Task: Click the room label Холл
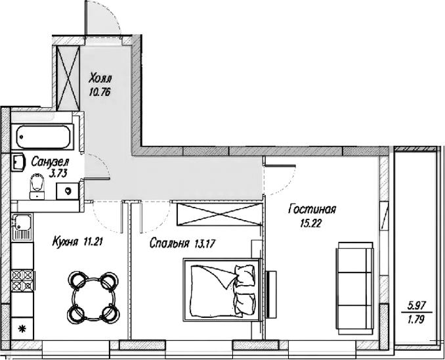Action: (100, 78)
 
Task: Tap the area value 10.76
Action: (99, 93)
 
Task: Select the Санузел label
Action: (50, 162)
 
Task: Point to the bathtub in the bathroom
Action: (43, 137)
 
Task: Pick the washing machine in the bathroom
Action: (68, 191)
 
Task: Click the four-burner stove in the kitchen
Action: (22, 280)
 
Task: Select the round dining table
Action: (94, 297)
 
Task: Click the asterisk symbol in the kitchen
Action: (22, 329)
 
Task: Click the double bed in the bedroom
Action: (222, 290)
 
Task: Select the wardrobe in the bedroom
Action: (219, 214)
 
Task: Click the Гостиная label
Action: (312, 210)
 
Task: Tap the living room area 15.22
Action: (310, 223)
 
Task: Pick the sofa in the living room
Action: (354, 289)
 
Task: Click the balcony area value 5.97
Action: (416, 306)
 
